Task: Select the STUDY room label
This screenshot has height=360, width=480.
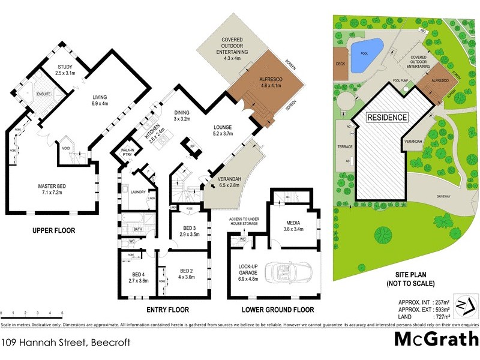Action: tap(64, 70)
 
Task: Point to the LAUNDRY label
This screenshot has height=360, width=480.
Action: tap(139, 192)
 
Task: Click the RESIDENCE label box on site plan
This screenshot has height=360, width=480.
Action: tap(387, 118)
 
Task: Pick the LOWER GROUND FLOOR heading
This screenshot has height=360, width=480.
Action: tap(278, 310)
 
